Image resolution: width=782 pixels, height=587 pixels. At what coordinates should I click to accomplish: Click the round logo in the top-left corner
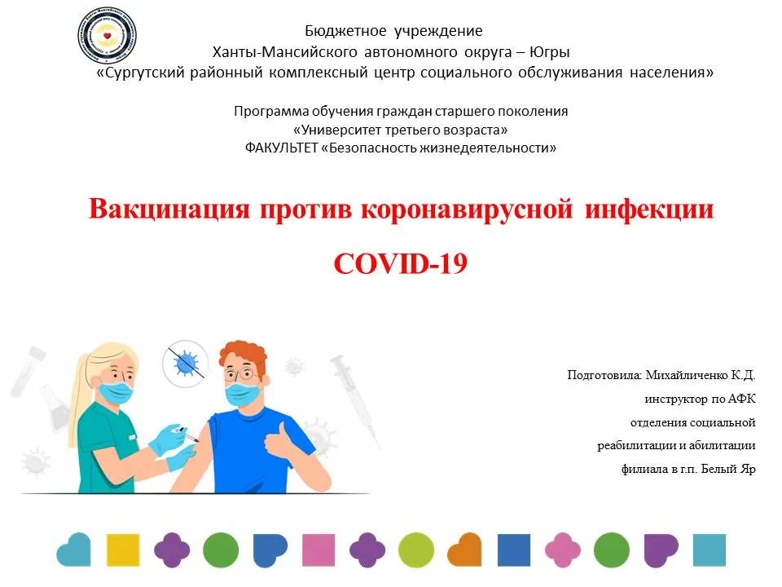point(107,35)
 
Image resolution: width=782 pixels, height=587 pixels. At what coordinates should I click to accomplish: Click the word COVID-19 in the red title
point(401,263)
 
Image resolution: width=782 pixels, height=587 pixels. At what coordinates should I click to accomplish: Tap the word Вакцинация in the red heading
point(169,209)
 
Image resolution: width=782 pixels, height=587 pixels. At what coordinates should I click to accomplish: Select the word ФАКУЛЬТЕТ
point(281,148)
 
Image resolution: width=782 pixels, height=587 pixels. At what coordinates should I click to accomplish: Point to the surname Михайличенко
point(686,375)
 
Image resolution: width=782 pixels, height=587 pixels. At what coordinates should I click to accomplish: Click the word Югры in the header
point(550,52)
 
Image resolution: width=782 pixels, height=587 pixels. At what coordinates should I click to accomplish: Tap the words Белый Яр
point(728,469)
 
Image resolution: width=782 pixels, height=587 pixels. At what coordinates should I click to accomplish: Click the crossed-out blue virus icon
point(186,364)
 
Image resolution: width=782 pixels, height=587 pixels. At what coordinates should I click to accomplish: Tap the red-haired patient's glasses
point(241,374)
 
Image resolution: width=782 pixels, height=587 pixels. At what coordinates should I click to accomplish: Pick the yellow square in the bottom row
point(123,550)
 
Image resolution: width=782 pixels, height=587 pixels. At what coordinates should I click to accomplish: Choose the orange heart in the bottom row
point(464,549)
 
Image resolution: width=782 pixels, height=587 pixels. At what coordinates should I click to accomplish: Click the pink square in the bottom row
point(319,550)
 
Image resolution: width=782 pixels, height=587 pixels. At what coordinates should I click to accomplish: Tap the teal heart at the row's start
point(74,549)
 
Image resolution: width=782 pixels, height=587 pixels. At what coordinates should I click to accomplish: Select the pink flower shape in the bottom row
point(563,550)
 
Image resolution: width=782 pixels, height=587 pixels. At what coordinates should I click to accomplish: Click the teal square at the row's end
point(710,550)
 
